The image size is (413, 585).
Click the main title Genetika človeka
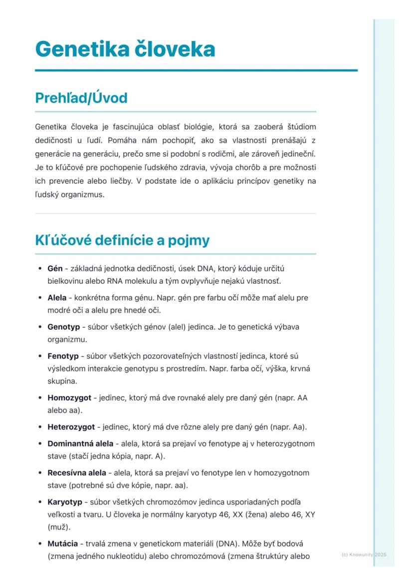pyautogui.click(x=125, y=49)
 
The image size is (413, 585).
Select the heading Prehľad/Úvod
pyautogui.click(x=81, y=98)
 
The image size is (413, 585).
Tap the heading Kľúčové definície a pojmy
pyautogui.click(x=122, y=240)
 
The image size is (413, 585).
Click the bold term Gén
pyautogui.click(x=55, y=269)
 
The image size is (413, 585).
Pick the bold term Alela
pyautogui.click(x=57, y=298)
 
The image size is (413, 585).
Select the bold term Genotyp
pyautogui.click(x=63, y=327)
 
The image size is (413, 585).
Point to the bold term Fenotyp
pyautogui.click(x=63, y=356)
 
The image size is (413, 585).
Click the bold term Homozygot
pyautogui.click(x=69, y=398)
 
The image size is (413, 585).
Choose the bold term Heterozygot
pyautogui.click(x=71, y=427)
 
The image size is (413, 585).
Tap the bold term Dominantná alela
pyautogui.click(x=80, y=444)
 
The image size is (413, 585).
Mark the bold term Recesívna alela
pyautogui.click(x=77, y=473)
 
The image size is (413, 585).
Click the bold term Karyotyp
pyautogui.click(x=65, y=502)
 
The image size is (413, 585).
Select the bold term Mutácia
pyautogui.click(x=62, y=544)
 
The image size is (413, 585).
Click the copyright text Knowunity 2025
pyautogui.click(x=364, y=555)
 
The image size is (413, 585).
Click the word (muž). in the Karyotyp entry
pyautogui.click(x=59, y=527)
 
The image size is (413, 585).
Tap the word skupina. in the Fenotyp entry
pyautogui.click(x=62, y=381)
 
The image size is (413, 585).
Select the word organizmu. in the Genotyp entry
pyautogui.click(x=67, y=339)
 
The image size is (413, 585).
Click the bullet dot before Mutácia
pyautogui.click(x=39, y=544)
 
